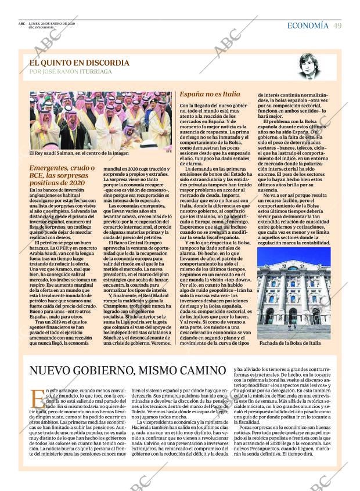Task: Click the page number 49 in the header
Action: click(x=337, y=26)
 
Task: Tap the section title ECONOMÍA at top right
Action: click(x=307, y=26)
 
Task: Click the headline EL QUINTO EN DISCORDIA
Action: click(x=80, y=62)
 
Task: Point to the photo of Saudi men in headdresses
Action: click(x=100, y=120)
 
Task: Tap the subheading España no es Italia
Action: click(x=210, y=93)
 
